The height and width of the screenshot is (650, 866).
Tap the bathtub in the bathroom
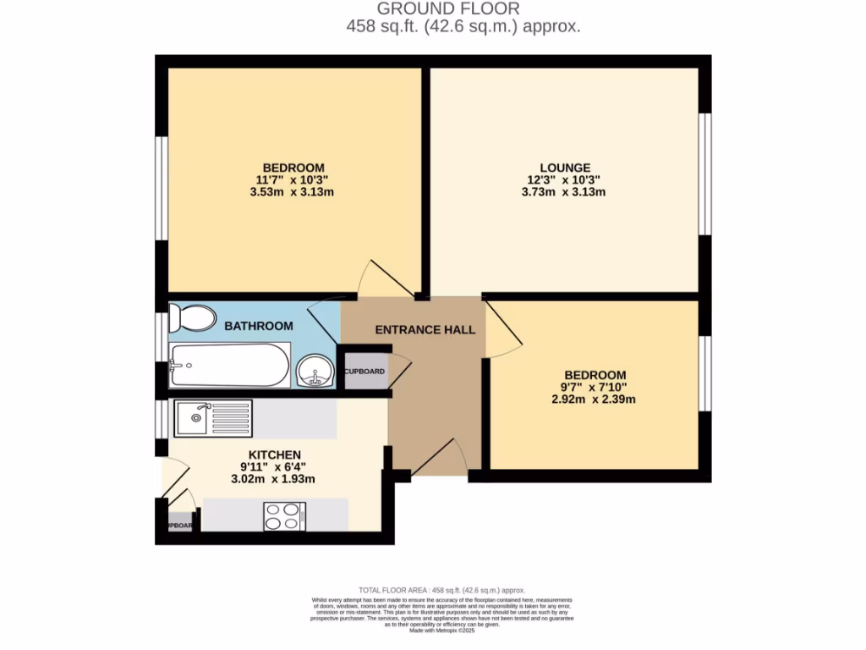tap(229, 366)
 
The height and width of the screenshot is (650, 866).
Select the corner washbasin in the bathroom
tap(315, 371)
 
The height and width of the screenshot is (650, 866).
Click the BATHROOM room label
tap(259, 326)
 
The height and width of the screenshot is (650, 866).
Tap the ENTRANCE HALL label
tap(425, 329)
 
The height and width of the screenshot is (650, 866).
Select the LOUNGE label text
tap(566, 168)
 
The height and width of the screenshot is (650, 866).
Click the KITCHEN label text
tap(274, 454)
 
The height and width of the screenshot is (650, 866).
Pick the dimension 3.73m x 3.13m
tap(563, 192)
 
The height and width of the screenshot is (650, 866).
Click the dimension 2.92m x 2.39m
tap(594, 399)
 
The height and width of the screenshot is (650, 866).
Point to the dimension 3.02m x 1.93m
tap(273, 479)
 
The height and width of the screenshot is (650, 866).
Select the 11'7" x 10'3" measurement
tap(293, 179)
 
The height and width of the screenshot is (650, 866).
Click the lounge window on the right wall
tap(704, 173)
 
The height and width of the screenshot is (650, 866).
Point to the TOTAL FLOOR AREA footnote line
tap(442, 590)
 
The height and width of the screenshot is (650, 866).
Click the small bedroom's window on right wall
tap(704, 374)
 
